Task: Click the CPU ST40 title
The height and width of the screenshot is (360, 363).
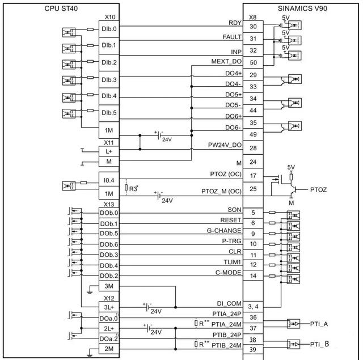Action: (x=61, y=9)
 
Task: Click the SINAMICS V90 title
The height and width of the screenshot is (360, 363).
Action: (x=302, y=9)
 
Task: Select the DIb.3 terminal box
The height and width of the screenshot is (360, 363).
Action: (x=109, y=79)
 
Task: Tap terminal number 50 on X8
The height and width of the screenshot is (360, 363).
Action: (x=254, y=62)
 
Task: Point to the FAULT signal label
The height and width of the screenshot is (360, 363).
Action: (x=232, y=37)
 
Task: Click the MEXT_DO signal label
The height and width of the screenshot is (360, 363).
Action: (x=226, y=61)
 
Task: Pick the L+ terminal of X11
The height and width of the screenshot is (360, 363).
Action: (x=109, y=151)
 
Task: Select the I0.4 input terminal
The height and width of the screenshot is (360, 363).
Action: (x=109, y=180)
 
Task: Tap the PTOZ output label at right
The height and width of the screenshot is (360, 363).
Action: (x=318, y=190)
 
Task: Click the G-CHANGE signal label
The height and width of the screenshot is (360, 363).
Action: (x=224, y=230)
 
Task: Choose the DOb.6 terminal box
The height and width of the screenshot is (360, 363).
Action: (x=109, y=244)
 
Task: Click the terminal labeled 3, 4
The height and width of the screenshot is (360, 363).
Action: (x=254, y=307)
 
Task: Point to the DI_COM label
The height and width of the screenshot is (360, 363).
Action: (x=229, y=303)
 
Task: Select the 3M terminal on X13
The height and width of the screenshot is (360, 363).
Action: (x=109, y=286)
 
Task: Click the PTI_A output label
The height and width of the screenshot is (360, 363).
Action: (x=319, y=324)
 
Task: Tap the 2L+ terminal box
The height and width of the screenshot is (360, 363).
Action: (x=109, y=328)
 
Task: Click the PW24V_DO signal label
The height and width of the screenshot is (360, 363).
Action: (x=225, y=145)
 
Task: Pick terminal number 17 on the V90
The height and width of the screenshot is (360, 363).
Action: (x=254, y=176)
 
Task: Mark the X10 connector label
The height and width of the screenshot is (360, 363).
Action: (x=110, y=17)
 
